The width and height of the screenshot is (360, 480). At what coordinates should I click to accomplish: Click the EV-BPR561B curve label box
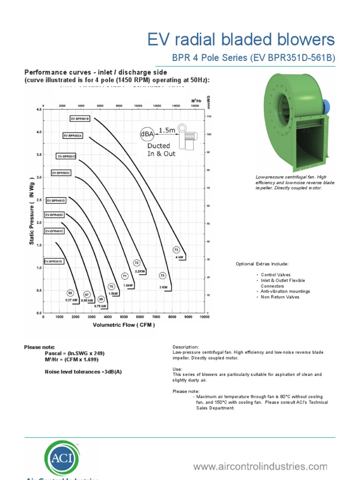80,119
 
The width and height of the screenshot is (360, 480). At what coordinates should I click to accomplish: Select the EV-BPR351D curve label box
53,261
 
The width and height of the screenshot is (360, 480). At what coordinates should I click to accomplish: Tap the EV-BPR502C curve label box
61,173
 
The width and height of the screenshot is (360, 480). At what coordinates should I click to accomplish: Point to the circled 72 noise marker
137,263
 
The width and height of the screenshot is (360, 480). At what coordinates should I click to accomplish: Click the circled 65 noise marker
70,293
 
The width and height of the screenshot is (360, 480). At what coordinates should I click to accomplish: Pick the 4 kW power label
180,257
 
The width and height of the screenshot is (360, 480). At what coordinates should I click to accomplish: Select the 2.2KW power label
140,271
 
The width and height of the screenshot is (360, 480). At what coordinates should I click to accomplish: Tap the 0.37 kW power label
71,300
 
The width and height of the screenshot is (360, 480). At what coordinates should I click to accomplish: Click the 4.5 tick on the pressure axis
38,110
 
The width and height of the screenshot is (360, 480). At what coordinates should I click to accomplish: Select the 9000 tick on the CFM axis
188,317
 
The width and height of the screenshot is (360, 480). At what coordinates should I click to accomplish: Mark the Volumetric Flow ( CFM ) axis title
124,324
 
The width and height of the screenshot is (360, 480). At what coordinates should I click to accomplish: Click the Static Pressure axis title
32,210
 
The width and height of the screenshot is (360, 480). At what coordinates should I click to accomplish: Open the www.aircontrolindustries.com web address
260,466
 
